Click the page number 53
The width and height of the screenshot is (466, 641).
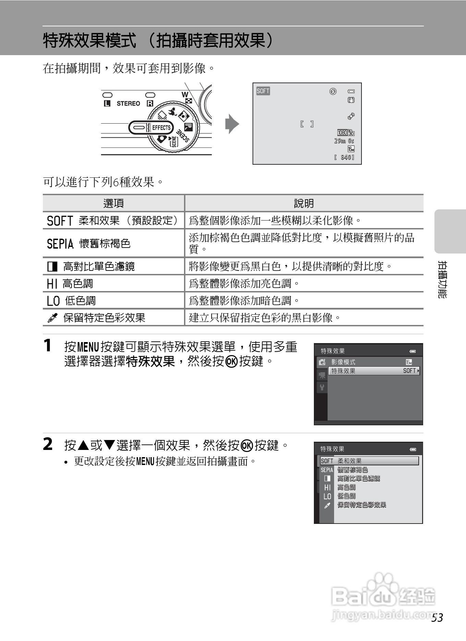click(x=437, y=617)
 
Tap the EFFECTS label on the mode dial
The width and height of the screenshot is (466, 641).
click(x=161, y=128)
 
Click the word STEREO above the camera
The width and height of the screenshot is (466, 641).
click(x=128, y=103)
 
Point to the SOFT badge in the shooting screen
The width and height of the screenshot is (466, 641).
click(x=263, y=91)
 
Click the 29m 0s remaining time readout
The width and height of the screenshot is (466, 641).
click(x=344, y=141)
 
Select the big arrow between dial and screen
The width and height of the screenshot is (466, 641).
click(x=232, y=124)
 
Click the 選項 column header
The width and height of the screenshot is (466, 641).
click(x=113, y=203)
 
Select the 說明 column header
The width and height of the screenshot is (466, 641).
click(x=304, y=203)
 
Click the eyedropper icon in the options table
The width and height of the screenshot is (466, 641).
click(x=52, y=318)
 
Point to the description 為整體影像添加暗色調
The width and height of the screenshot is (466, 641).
click(x=244, y=301)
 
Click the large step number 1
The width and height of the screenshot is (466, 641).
click(x=48, y=345)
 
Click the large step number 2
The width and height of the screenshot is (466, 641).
click(x=48, y=444)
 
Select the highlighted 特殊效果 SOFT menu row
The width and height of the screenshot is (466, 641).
click(x=375, y=371)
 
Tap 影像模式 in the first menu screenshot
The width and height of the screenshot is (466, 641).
click(x=343, y=362)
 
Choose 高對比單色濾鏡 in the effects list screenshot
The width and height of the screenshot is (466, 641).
click(x=358, y=478)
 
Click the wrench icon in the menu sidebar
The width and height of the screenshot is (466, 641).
click(x=322, y=388)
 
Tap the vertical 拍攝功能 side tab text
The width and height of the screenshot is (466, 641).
click(x=442, y=279)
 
